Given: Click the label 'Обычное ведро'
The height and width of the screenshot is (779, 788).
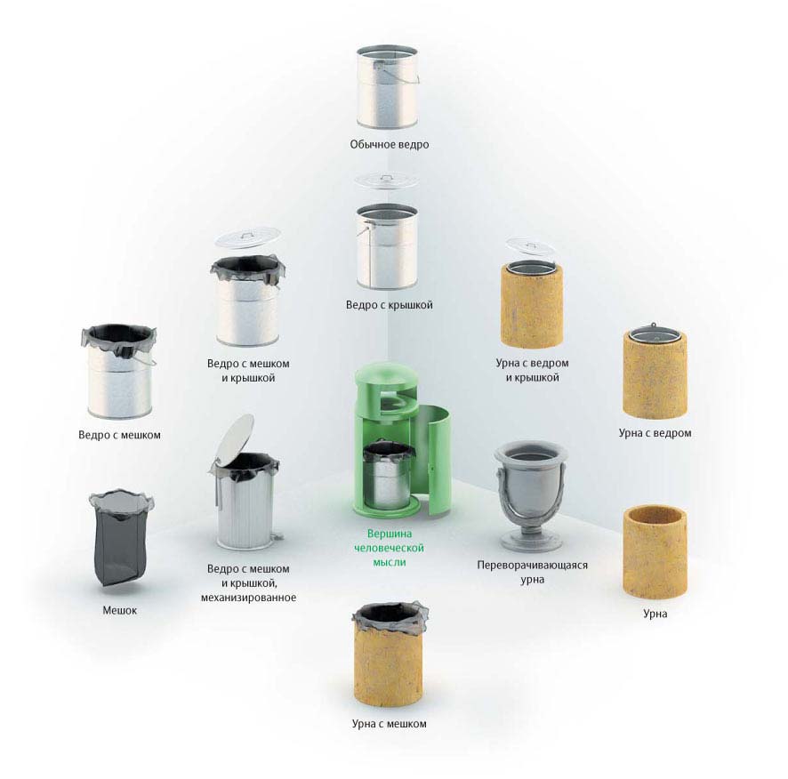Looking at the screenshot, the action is coord(389,145).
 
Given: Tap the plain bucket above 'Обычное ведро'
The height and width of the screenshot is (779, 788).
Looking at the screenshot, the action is coord(387,87).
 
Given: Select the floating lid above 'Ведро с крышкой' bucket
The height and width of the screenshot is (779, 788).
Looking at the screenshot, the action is coord(387,180).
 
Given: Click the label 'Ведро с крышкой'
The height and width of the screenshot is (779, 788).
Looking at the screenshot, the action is coord(389,305).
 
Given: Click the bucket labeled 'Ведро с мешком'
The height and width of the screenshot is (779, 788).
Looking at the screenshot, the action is coord(119,372).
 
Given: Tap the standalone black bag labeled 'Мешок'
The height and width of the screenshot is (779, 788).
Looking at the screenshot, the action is coord(121,538).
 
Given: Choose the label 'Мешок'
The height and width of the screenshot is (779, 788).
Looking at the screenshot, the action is coord(119,611).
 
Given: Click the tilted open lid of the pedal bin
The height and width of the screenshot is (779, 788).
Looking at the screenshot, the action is coord(235,438).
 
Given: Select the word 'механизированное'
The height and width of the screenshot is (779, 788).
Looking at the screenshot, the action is coord(248,598).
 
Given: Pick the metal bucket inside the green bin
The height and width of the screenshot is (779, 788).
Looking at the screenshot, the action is coord(387,477).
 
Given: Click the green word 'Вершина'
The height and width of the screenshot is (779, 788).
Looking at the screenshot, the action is coord(389,534).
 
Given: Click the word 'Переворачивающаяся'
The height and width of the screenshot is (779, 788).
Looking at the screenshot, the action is coord(532,566).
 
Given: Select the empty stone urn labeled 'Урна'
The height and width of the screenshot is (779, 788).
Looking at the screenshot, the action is coord(655,552).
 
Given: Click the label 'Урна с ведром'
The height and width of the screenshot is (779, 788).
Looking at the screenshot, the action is coord(655,433).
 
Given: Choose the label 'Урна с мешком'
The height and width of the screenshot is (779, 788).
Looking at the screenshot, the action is coord(389,724).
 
